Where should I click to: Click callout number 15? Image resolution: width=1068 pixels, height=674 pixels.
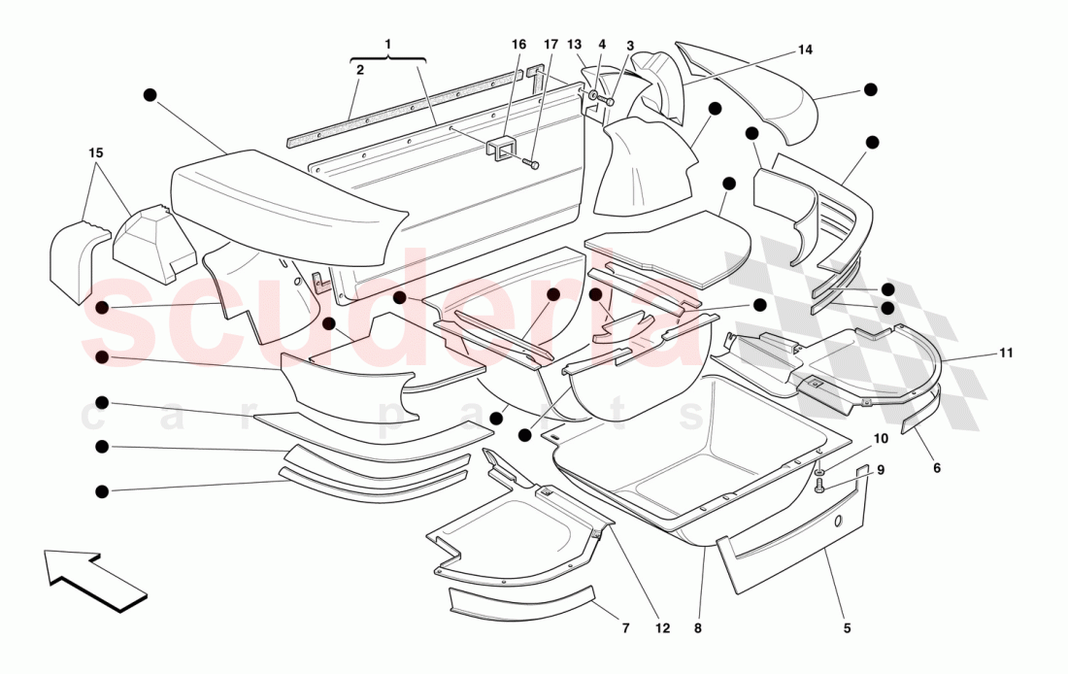click(95, 152)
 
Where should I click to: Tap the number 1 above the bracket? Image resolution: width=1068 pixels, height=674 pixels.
click(387, 44)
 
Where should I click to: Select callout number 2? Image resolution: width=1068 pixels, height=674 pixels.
click(359, 70)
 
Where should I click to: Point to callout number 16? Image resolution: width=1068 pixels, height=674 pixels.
click(518, 45)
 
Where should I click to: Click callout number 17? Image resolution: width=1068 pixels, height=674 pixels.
click(551, 45)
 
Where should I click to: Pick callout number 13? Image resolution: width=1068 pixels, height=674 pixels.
click(575, 45)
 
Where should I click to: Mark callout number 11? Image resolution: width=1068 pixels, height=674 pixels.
click(1006, 353)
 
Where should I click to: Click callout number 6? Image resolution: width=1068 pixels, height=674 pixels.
click(937, 467)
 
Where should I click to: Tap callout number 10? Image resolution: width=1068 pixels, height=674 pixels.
click(880, 438)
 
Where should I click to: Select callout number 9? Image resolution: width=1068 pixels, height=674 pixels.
click(881, 470)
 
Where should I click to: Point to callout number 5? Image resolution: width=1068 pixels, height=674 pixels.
click(847, 627)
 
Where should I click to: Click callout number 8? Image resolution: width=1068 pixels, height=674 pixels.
click(697, 627)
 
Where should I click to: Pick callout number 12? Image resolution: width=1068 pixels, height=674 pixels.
click(662, 627)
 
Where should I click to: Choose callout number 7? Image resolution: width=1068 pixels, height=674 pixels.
click(625, 627)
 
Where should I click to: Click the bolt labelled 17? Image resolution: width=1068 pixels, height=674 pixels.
click(531, 164)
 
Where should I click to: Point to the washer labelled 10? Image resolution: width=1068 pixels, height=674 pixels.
click(819, 472)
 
